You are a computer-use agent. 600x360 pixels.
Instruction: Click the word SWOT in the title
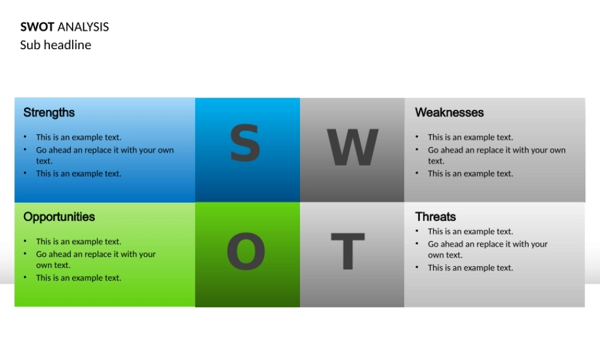click(37, 27)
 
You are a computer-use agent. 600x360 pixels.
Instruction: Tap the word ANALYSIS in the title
click(83, 27)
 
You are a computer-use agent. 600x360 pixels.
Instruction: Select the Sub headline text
click(56, 45)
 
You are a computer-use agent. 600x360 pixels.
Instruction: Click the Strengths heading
click(49, 113)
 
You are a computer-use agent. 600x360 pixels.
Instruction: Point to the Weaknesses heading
click(449, 113)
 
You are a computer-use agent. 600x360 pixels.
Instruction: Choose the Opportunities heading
click(59, 217)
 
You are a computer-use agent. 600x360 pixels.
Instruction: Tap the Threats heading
click(435, 217)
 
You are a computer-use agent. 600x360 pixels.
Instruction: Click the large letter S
click(245, 144)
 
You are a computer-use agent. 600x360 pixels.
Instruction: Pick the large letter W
click(352, 148)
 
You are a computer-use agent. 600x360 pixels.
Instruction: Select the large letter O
click(246, 252)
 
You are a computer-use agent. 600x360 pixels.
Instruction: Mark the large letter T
click(348, 252)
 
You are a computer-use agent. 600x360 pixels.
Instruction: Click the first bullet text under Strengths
click(79, 137)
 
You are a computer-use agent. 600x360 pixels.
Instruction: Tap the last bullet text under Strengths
click(79, 174)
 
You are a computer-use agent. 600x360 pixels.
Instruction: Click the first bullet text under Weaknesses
click(470, 137)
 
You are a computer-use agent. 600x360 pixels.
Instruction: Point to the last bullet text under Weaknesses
click(470, 174)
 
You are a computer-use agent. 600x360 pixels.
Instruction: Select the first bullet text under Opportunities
click(79, 242)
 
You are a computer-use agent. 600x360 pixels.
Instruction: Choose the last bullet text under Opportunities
click(79, 278)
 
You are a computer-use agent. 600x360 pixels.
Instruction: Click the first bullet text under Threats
click(470, 232)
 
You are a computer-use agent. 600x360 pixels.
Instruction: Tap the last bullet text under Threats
click(470, 268)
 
